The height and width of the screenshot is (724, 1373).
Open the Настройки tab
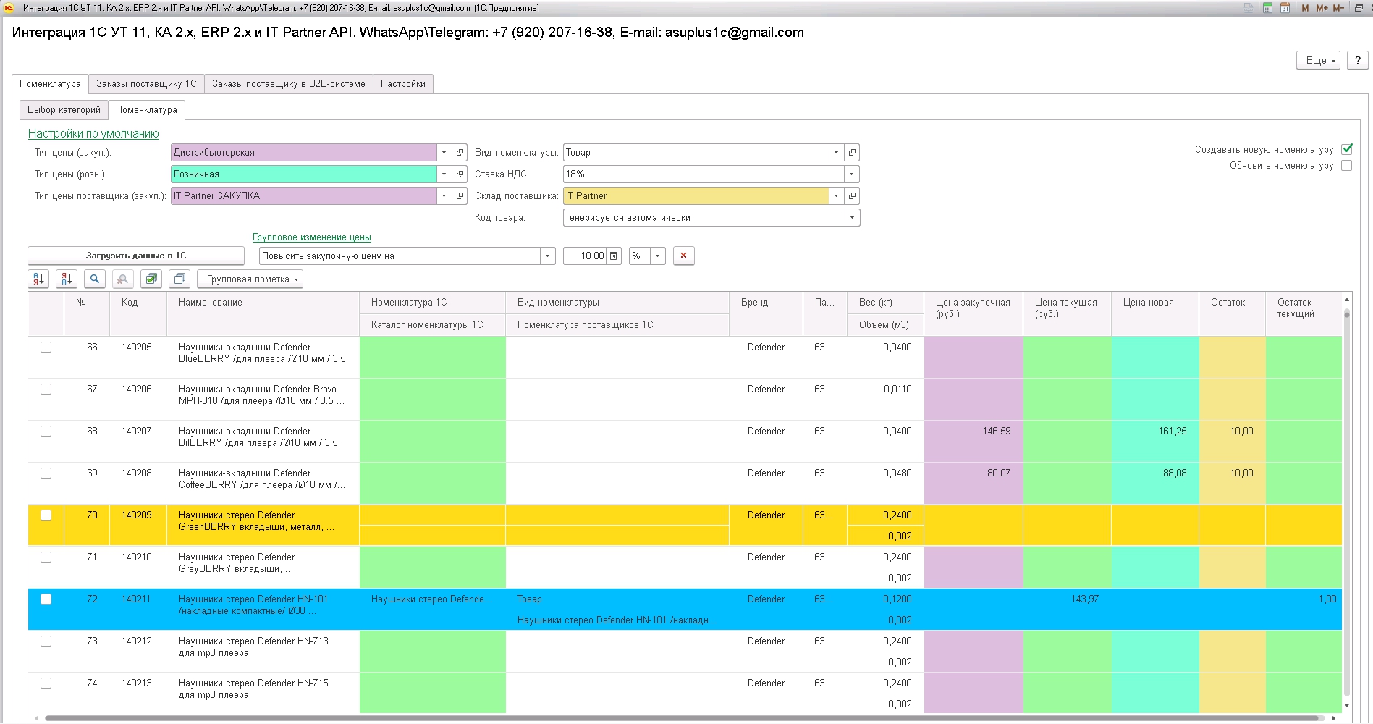click(403, 84)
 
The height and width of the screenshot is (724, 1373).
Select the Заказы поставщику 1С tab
click(146, 84)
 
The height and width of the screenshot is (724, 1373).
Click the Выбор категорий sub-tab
click(64, 110)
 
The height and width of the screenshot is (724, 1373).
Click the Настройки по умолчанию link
click(93, 134)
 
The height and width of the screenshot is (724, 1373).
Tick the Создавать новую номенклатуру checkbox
click(1347, 149)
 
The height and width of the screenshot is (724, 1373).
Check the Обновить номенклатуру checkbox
click(1347, 166)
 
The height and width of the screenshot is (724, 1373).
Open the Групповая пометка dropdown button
click(250, 279)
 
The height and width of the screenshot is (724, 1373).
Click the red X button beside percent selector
click(684, 256)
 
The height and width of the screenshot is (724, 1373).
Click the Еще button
click(1318, 61)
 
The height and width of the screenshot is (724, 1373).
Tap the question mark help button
click(1358, 61)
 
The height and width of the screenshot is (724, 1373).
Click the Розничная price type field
click(304, 174)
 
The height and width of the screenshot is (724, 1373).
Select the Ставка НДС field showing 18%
click(704, 174)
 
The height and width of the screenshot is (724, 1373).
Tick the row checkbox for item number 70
click(46, 515)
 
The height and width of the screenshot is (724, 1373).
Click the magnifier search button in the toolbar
click(95, 279)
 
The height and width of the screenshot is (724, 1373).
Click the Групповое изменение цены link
click(312, 237)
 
